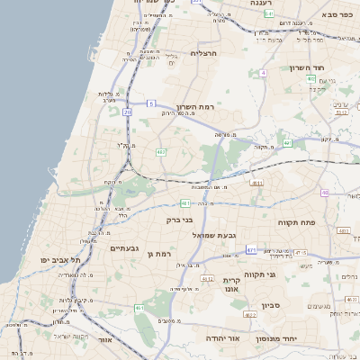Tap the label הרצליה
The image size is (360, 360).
click(x=205, y=53)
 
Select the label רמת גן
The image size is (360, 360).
click(x=158, y=256)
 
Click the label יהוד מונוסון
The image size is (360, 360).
click(x=290, y=338)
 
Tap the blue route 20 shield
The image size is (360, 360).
click(x=128, y=112)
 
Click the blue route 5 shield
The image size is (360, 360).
click(x=151, y=103)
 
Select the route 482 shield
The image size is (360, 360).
click(x=160, y=151)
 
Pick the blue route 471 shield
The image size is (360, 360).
click(x=251, y=249)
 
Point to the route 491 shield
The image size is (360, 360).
click(x=287, y=143)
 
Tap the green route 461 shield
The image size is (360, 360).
click(x=139, y=309)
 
